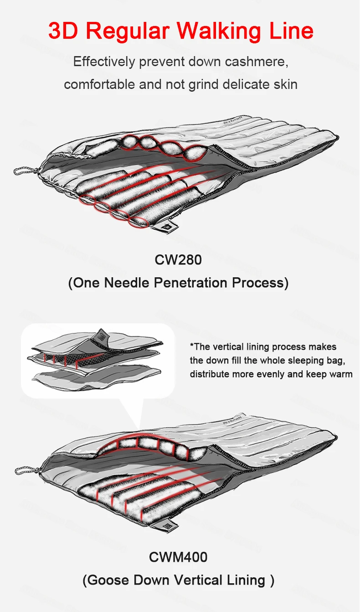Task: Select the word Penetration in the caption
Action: pyautogui.click(x=191, y=283)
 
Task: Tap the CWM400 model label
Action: pyautogui.click(x=178, y=557)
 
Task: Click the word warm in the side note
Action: pyautogui.click(x=341, y=374)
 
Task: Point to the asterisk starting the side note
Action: pyautogui.click(x=192, y=346)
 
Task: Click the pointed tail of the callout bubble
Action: pyautogui.click(x=136, y=417)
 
